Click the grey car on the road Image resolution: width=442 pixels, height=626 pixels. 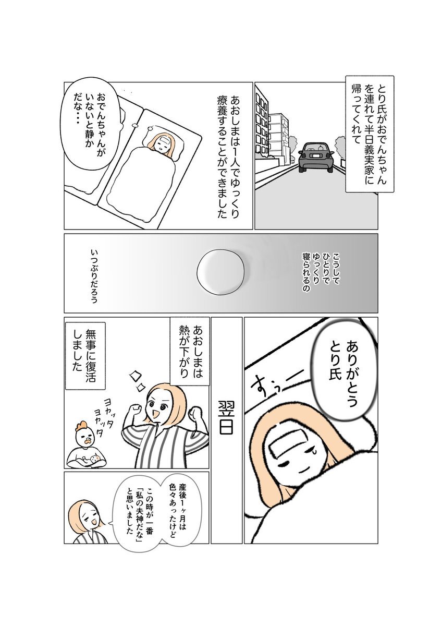316,158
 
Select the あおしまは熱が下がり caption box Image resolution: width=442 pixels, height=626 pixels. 190,351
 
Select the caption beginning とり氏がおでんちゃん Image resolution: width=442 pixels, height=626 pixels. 370,134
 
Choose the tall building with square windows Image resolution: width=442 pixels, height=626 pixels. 262,123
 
